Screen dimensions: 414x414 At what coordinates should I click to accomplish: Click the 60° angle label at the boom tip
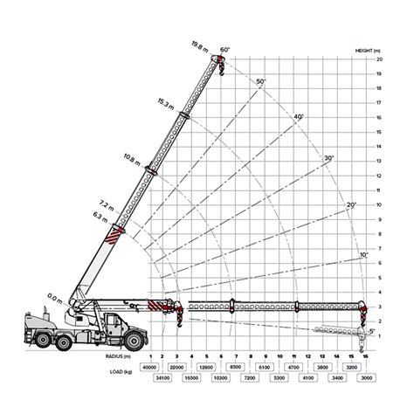click(224, 49)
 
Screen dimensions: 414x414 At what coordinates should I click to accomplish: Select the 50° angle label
click(260, 81)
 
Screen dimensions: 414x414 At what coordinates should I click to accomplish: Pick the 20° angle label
click(351, 204)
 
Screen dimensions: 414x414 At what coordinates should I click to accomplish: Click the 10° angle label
click(364, 254)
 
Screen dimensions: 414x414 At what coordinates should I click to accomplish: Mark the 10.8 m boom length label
click(133, 158)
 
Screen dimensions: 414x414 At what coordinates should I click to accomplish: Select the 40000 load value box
click(150, 368)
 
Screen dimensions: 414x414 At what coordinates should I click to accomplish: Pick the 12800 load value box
click(207, 368)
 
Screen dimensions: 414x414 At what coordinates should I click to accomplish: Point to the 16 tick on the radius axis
click(363, 356)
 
